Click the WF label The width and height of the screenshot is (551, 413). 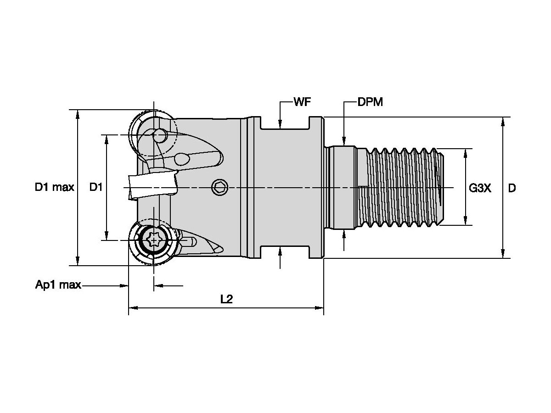302,102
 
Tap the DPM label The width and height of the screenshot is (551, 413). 370,102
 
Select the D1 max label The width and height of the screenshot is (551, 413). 55,187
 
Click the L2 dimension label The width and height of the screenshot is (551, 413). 226,300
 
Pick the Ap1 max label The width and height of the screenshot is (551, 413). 58,285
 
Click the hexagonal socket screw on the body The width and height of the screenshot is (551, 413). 219,187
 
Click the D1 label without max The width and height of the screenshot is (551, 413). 96,187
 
